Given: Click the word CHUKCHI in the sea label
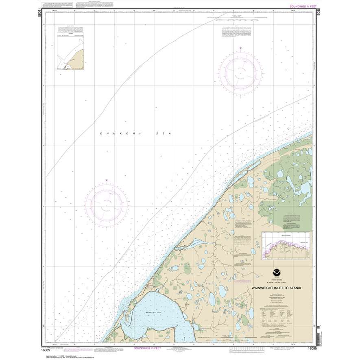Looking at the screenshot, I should click(109, 133).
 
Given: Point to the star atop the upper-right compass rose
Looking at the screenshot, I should click(240, 49).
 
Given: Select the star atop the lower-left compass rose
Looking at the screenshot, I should click(107, 180).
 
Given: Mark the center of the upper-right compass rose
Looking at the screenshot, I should click(240, 72).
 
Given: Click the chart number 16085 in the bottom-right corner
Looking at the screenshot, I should click(312, 349).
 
